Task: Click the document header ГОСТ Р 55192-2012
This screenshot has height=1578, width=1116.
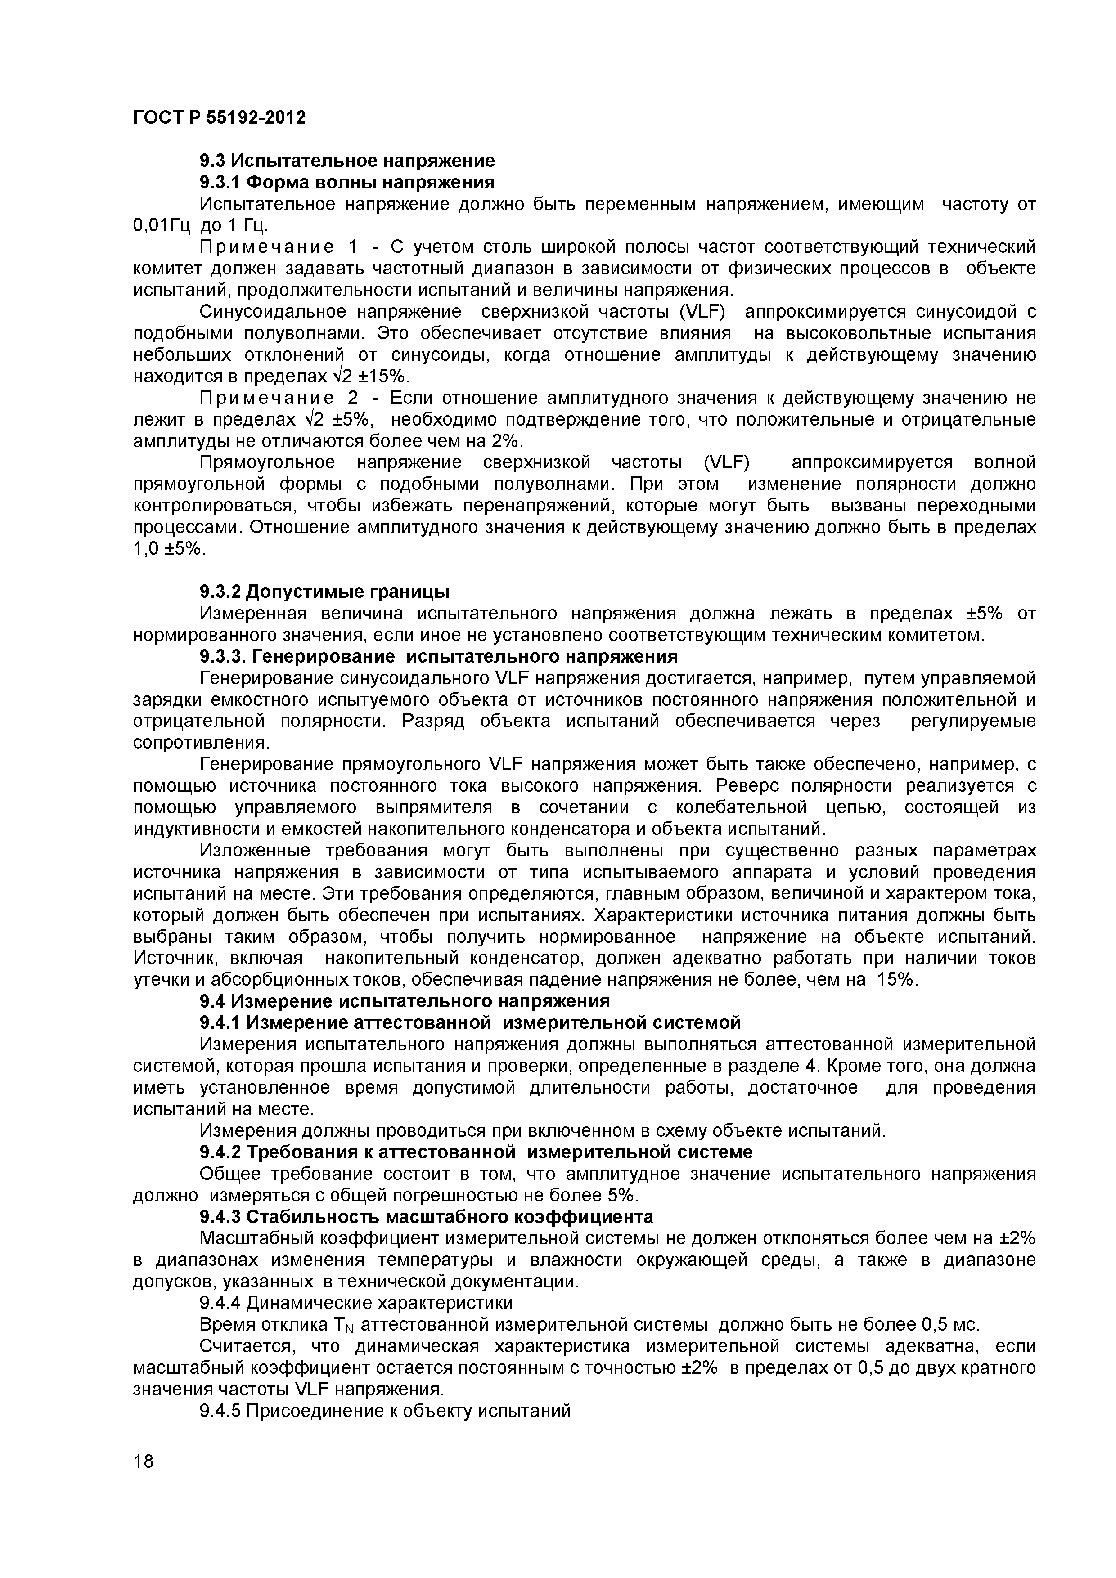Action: [x=219, y=118]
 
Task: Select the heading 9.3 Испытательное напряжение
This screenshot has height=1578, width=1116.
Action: [x=346, y=161]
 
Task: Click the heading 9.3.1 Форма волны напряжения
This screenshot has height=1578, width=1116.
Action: [x=346, y=182]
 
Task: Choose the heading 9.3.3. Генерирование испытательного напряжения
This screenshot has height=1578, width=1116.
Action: [x=438, y=656]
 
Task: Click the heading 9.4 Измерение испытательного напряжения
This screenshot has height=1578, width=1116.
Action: [x=404, y=1001]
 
